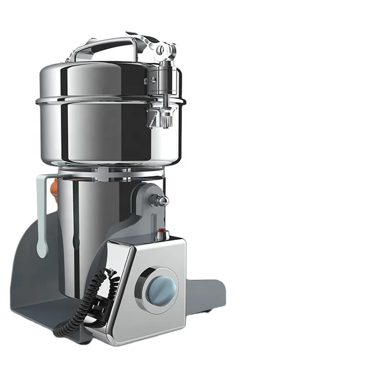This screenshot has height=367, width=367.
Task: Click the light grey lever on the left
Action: [x=41, y=215]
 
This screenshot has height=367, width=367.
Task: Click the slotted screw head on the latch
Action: [x=169, y=48]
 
